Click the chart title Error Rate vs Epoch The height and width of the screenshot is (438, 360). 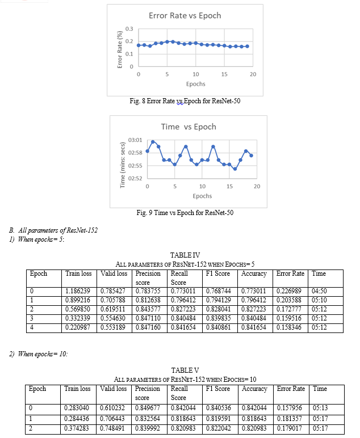click(185, 16)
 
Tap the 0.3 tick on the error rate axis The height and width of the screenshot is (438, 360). click(129, 29)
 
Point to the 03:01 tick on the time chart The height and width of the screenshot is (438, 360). click(135, 140)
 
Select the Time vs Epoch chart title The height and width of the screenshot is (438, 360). click(189, 127)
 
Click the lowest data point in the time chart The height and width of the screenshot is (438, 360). click(235, 169)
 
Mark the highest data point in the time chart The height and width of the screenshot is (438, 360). click(153, 142)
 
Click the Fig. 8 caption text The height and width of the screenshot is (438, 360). click(185, 101)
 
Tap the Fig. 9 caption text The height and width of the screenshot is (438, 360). click(185, 213)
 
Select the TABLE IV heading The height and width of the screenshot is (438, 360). click(185, 255)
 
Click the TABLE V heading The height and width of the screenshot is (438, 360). click(185, 370)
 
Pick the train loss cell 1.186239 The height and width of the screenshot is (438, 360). click(78, 291)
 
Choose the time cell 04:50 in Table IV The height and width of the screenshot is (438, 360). click(319, 291)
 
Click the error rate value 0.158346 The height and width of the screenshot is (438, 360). click(289, 327)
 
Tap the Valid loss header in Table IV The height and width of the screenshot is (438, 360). click(114, 273)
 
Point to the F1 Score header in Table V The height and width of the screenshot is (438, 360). click(218, 389)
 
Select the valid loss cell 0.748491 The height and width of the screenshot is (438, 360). click(112, 428)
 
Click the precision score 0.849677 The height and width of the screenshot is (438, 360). click(148, 408)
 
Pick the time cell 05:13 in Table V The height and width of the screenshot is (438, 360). click(320, 408)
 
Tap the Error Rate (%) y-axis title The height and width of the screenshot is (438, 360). click(120, 49)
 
